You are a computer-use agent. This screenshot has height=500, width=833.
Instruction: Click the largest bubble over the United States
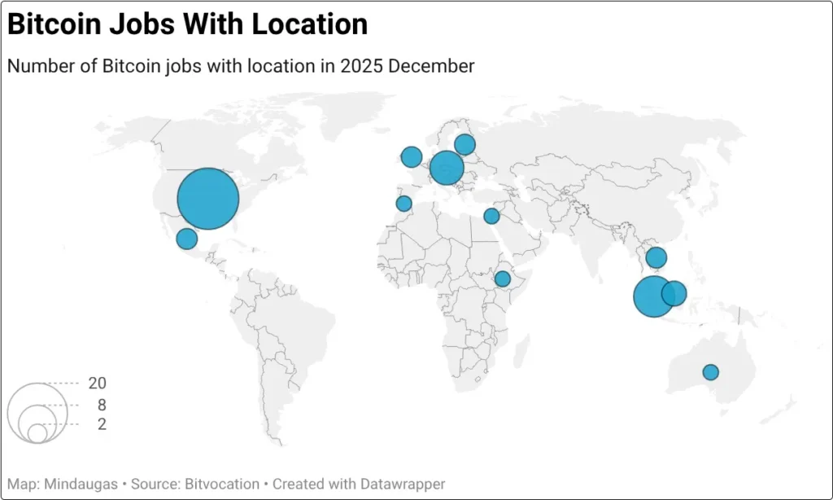pyautogui.click(x=208, y=199)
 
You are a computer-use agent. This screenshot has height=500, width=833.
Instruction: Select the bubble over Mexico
pyautogui.click(x=187, y=239)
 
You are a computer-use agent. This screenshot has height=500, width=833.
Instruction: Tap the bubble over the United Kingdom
pyautogui.click(x=412, y=157)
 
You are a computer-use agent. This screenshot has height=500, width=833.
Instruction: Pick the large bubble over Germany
pyautogui.click(x=447, y=168)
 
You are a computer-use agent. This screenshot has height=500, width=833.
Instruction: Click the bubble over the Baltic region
pyautogui.click(x=464, y=145)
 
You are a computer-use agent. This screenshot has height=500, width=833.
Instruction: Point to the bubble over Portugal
pyautogui.click(x=403, y=204)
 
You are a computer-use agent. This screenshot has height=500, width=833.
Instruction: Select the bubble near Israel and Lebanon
pyautogui.click(x=491, y=216)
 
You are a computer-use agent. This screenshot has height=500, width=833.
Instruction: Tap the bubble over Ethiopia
pyautogui.click(x=503, y=279)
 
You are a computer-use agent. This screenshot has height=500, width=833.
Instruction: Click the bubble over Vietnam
pyautogui.click(x=656, y=258)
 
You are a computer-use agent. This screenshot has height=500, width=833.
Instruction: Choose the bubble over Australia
pyautogui.click(x=711, y=372)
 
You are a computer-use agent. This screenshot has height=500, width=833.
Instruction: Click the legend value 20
pyautogui.click(x=98, y=384)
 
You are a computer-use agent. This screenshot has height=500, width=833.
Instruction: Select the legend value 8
pyautogui.click(x=102, y=405)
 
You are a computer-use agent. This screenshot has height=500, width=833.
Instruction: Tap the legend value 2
pyautogui.click(x=102, y=424)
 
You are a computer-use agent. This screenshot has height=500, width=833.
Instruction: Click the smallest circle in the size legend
pyautogui.click(x=37, y=433)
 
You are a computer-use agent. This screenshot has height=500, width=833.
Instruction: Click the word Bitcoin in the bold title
pyautogui.click(x=48, y=24)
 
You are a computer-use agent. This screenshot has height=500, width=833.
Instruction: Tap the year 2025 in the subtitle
pyautogui.click(x=362, y=66)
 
